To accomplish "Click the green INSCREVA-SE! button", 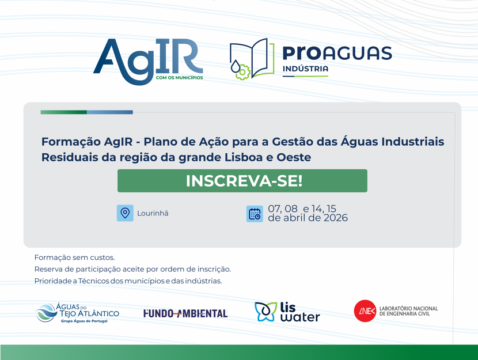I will [242, 181].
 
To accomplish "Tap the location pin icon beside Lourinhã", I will [125, 213].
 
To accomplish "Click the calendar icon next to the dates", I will [255, 214].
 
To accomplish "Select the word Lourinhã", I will [153, 214].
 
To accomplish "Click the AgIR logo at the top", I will [147, 61].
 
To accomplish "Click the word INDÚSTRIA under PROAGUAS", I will [305, 69].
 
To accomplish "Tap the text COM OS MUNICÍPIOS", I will [179, 78].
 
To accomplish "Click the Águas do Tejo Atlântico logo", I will [77, 313].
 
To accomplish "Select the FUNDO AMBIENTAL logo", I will [185, 313].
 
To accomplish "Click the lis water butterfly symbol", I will [265, 312].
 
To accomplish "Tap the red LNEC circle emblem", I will [365, 311].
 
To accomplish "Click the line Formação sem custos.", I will [74, 257].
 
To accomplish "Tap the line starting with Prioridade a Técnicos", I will [128, 281].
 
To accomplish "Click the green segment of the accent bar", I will [63, 112].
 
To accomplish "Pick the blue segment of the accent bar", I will [109, 112].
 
